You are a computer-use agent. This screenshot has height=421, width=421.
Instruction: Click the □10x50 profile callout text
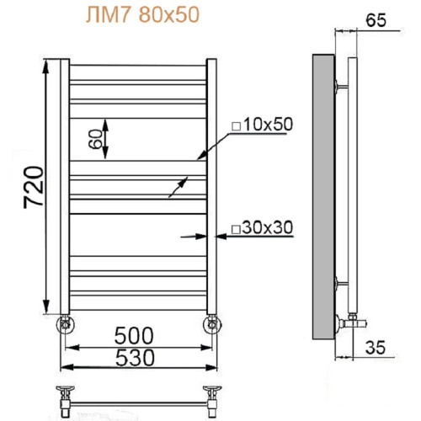click(x=261, y=125)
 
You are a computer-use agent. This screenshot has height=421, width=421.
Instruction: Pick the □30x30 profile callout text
click(x=261, y=227)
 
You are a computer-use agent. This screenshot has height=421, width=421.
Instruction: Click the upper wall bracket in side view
click(x=340, y=84)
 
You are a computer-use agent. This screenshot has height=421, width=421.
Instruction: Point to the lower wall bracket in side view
click(x=340, y=282)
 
